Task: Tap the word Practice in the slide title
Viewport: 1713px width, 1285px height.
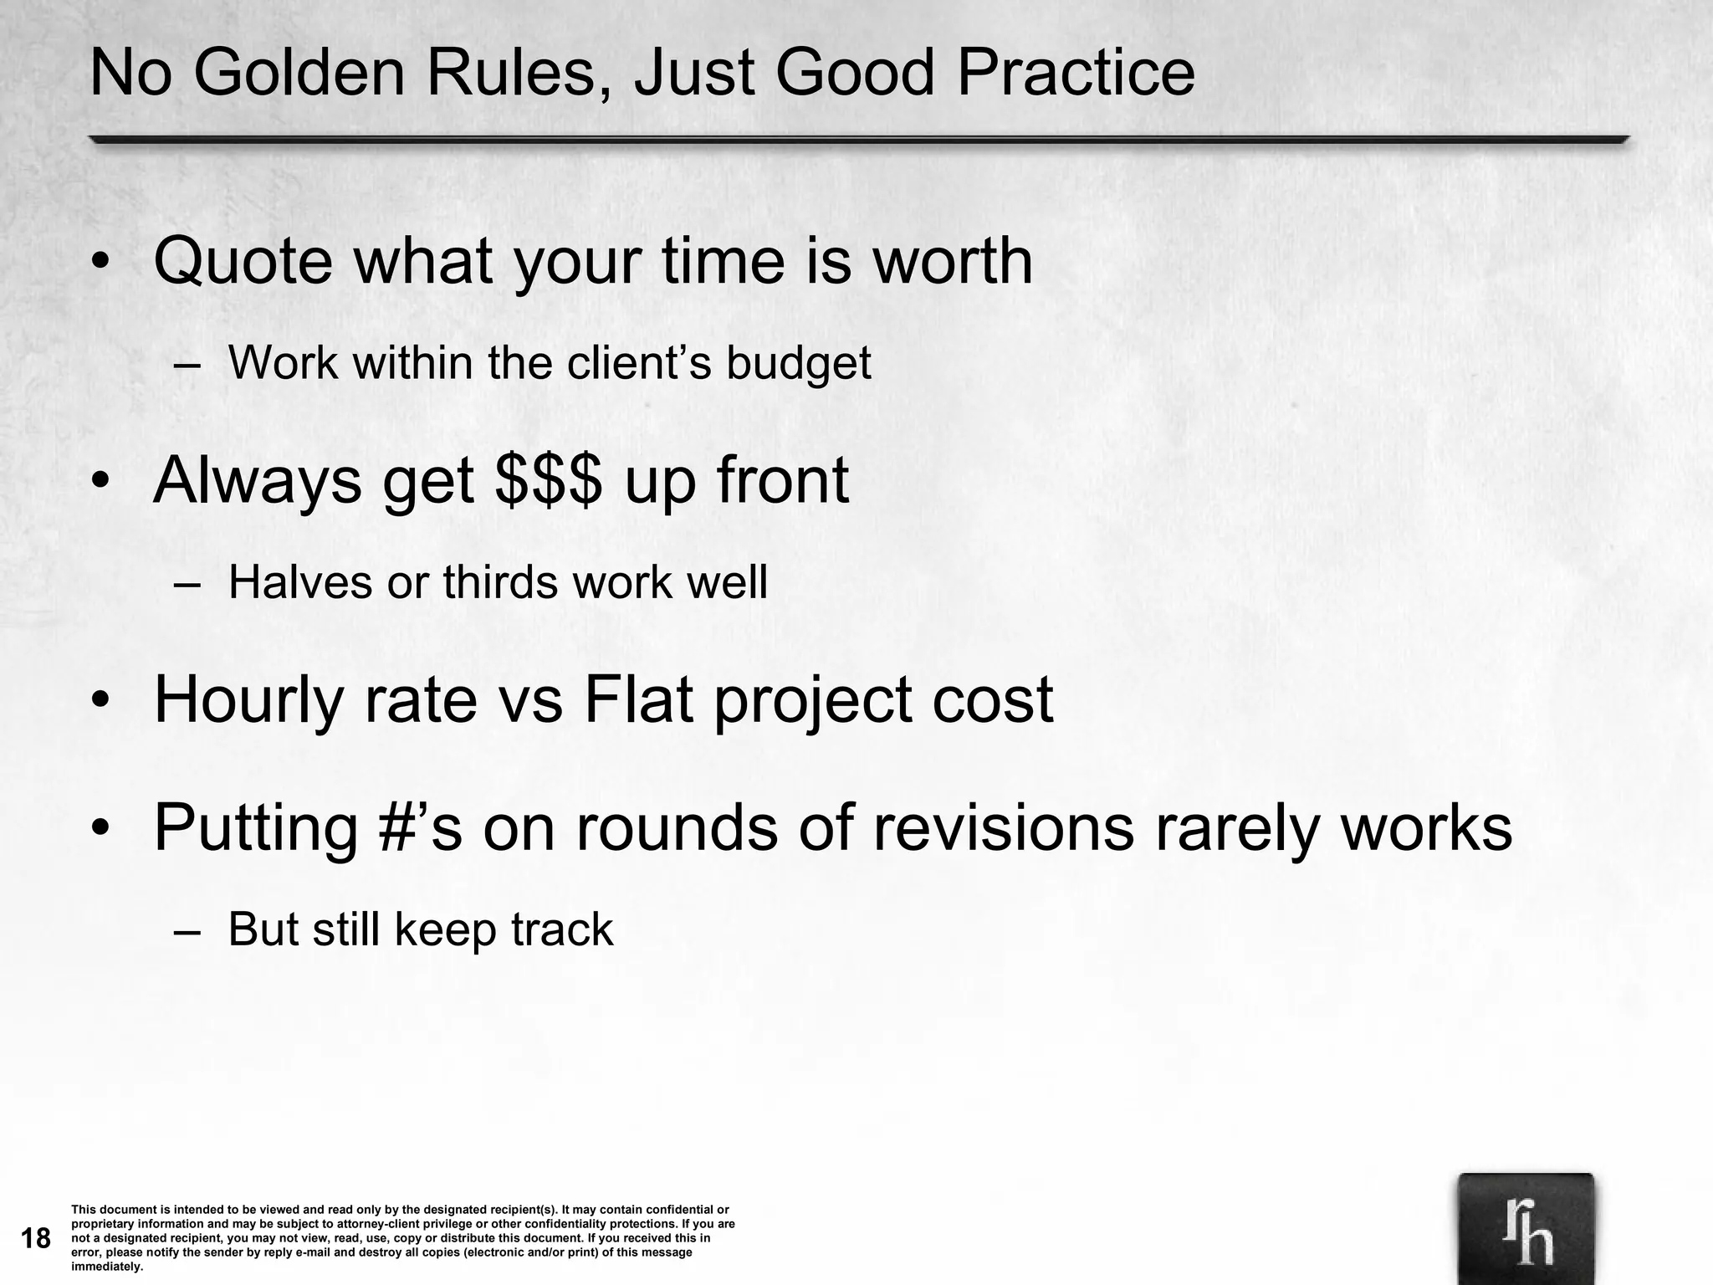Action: pyautogui.click(x=1076, y=74)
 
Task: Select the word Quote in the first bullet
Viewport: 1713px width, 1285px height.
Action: pyautogui.click(x=243, y=261)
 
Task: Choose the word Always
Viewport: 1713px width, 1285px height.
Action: pyautogui.click(x=257, y=482)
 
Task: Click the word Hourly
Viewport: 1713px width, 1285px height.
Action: pyautogui.click(x=248, y=701)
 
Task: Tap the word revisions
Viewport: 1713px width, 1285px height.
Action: pyautogui.click(x=1004, y=827)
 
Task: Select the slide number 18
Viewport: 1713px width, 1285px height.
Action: pyautogui.click(x=36, y=1238)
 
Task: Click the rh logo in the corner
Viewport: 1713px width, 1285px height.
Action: pyautogui.click(x=1526, y=1229)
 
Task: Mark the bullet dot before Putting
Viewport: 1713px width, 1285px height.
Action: pyautogui.click(x=101, y=828)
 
